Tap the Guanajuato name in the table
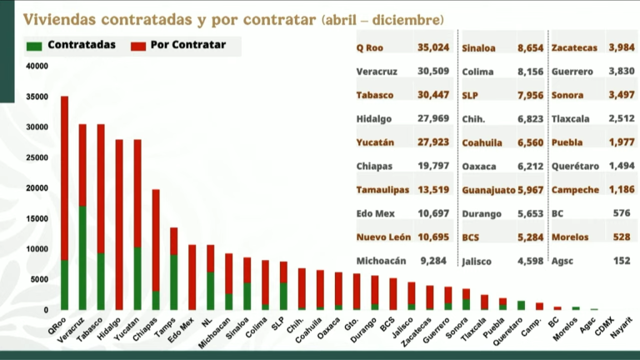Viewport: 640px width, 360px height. tap(484, 190)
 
